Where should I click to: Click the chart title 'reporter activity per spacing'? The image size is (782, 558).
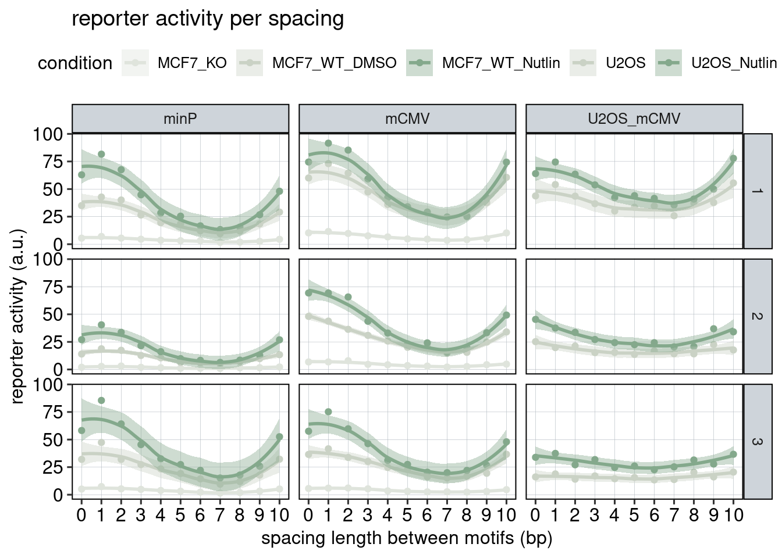[x=208, y=19]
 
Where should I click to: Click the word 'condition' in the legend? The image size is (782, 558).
[x=75, y=63]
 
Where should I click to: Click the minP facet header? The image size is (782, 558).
[x=180, y=119]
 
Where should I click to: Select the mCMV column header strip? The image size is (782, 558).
[x=407, y=119]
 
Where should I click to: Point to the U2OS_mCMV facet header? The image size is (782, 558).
[x=634, y=119]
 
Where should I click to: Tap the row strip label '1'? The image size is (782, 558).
[x=758, y=191]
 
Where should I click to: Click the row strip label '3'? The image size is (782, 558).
[x=758, y=441]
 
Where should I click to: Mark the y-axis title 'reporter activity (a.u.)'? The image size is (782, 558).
[x=18, y=316]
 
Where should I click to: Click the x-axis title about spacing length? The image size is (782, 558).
[x=407, y=538]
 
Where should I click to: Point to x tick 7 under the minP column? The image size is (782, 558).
[x=220, y=515]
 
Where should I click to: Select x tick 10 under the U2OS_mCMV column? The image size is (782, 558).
[x=733, y=515]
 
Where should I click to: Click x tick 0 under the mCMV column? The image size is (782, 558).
[x=308, y=515]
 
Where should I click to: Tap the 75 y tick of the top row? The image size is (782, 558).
[x=51, y=162]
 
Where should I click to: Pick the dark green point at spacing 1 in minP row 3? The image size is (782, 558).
[x=101, y=400]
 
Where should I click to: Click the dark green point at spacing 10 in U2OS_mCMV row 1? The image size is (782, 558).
[x=733, y=158]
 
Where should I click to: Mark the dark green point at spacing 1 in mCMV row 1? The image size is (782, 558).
[x=328, y=143]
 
